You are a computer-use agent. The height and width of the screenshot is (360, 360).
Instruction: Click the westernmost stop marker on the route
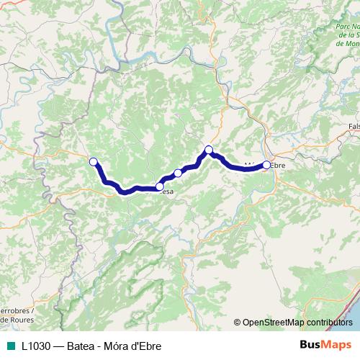point(93,161)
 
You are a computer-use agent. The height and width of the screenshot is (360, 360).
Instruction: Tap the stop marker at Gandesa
point(159,186)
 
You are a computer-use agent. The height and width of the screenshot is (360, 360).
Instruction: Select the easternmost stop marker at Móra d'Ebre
point(266,165)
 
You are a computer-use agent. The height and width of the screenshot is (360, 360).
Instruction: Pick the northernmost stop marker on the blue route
point(209,150)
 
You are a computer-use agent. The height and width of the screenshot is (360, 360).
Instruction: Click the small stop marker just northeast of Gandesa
point(178,173)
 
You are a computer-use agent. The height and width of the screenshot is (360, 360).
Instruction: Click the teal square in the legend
point(9,345)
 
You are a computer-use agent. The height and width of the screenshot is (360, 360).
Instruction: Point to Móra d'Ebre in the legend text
point(135,345)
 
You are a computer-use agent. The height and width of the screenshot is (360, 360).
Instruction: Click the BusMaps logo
point(325,344)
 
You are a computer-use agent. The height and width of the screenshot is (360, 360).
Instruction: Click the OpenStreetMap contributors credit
point(297,323)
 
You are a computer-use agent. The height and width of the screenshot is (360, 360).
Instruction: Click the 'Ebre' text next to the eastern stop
point(278,166)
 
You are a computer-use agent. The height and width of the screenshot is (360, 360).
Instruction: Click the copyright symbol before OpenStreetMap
point(238,323)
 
